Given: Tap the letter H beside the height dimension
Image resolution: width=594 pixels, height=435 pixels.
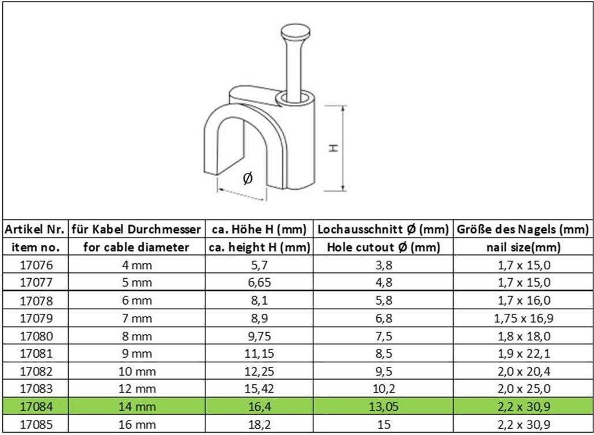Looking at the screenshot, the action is [333, 148].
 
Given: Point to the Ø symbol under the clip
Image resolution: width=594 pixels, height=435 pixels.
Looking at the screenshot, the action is [248, 178].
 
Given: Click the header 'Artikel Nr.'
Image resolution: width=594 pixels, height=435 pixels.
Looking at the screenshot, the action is [35, 229].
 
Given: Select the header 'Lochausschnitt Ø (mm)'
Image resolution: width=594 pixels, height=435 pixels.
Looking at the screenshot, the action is [383, 229].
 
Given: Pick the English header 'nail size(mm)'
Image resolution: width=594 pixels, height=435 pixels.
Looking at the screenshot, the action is [524, 247].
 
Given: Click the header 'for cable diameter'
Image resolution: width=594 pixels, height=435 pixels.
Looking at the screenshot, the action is [136, 247].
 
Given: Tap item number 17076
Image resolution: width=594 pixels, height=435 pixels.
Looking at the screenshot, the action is [36, 265].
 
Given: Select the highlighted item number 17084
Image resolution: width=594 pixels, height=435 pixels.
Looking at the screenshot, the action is [36, 407].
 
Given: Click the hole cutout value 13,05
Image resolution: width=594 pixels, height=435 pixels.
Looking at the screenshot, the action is [384, 407].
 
